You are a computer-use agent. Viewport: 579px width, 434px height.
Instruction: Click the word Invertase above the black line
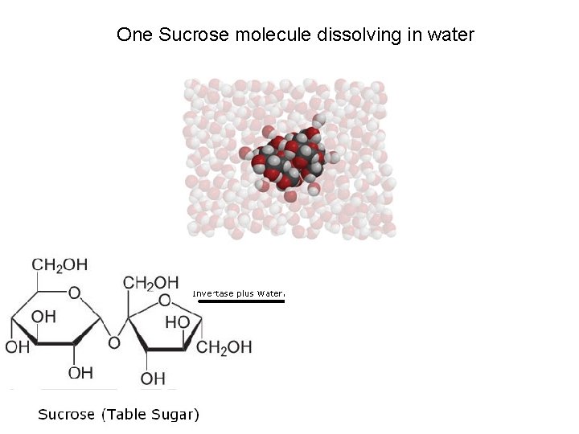(x=212, y=294)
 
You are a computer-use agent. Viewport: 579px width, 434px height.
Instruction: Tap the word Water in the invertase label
(x=271, y=294)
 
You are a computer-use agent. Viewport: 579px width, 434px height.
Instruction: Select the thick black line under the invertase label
(x=242, y=301)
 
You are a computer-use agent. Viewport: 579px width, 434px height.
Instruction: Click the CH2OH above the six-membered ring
(x=60, y=264)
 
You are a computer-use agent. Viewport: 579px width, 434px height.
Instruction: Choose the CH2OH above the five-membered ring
(x=151, y=282)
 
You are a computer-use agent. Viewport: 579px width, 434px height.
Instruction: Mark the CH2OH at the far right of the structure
(x=224, y=347)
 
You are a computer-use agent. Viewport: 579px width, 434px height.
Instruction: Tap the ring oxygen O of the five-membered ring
(x=165, y=300)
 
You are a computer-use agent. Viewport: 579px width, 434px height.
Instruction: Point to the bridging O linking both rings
(x=114, y=343)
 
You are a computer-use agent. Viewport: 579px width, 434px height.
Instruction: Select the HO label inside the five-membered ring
(x=177, y=321)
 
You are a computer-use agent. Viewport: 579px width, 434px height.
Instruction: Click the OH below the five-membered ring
(x=152, y=378)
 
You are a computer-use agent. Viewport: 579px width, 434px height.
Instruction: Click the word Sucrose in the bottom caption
(x=67, y=415)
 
